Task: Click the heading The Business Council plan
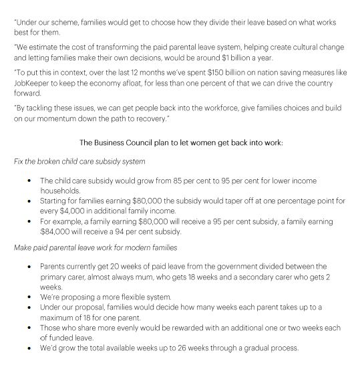180,142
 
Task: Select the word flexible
112,295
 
